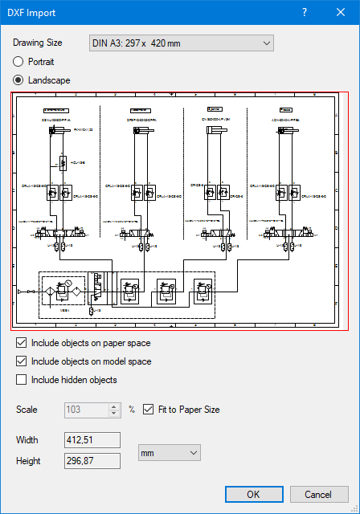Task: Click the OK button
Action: point(253,494)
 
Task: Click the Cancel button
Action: point(319,494)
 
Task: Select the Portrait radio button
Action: point(18,61)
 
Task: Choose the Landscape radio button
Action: point(18,80)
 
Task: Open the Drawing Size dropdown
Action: point(182,43)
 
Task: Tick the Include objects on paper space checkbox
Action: point(22,343)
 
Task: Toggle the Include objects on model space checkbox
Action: point(22,361)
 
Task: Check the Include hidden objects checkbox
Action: point(22,380)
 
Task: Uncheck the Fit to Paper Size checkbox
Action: point(148,410)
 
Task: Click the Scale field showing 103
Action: point(86,410)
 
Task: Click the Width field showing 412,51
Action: point(92,440)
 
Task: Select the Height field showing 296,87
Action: point(92,460)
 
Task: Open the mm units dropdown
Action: point(169,453)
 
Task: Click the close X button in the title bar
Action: point(337,12)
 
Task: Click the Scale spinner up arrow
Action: point(114,406)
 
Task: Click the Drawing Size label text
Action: point(37,43)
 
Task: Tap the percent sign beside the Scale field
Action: point(132,410)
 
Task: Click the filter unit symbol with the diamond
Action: point(50,292)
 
